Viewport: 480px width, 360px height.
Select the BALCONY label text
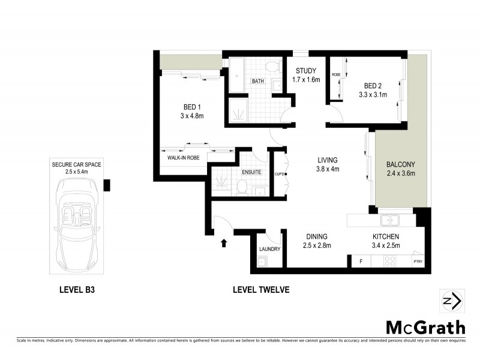coord(401,164)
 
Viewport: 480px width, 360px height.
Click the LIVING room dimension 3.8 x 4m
coord(328,169)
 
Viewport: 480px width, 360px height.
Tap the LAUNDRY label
coord(269,249)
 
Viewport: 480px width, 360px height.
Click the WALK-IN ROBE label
coord(183,158)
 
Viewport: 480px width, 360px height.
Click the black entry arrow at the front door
coord(224,243)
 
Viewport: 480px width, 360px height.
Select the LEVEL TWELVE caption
coord(261,290)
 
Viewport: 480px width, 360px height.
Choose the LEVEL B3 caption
coord(77,290)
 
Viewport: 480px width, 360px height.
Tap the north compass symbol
coord(450,301)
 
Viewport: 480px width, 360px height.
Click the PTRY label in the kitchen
coord(418,262)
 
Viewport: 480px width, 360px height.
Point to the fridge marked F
coord(361,262)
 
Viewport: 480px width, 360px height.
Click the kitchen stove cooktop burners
coord(389,262)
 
